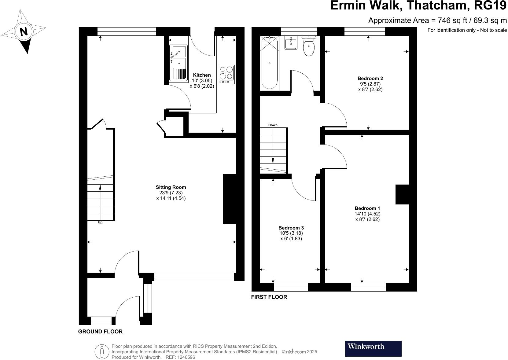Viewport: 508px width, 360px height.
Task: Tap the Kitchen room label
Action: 202,75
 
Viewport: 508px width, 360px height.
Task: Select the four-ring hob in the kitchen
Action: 226,74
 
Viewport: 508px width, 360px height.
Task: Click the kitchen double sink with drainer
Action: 179,63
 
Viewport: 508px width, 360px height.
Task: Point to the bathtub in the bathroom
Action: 269,62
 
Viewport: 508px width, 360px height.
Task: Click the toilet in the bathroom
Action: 309,46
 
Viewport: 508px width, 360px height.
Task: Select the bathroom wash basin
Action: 291,42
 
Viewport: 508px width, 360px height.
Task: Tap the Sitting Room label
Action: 171,187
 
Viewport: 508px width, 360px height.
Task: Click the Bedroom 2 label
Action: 370,79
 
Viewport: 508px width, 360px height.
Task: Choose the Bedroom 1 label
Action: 367,208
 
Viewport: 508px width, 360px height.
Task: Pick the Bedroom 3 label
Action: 291,228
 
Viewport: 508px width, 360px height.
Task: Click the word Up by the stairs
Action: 100,222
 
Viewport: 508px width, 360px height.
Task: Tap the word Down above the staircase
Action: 273,125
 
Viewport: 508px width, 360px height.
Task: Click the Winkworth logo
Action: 373,348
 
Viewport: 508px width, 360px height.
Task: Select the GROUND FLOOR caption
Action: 100,332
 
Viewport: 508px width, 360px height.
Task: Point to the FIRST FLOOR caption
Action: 269,297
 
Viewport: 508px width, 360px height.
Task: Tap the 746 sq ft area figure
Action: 452,20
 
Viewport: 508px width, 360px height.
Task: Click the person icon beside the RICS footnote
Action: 102,352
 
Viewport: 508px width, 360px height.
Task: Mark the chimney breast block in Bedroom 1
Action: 402,194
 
